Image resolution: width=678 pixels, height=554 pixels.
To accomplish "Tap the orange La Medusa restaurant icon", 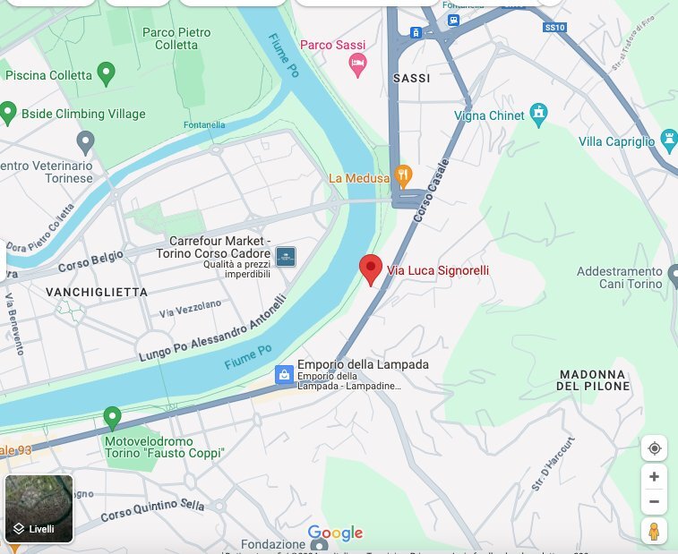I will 403,175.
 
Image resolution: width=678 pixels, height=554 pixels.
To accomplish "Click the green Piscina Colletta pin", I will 107,73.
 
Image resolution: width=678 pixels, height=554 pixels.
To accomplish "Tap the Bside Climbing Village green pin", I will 8,113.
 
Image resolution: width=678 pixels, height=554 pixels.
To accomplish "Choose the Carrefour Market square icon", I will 286,257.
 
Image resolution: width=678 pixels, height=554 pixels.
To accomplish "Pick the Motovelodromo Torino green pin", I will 112,417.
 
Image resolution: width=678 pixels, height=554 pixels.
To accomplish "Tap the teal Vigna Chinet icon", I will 538,114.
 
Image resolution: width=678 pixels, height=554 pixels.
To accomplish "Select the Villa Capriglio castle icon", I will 667,139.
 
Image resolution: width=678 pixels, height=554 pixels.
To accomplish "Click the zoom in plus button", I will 654,477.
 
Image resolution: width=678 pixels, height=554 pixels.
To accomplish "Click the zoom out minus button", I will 654,502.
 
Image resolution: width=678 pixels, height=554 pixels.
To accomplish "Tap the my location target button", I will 654,448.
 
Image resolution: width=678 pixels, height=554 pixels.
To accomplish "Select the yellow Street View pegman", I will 654,531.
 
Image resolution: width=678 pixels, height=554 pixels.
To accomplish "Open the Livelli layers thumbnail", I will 39,508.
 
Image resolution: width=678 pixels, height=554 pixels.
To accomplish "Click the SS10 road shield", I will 555,28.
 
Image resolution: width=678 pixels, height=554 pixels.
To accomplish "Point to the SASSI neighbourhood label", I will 411,79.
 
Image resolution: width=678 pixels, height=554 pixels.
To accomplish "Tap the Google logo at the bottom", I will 335,533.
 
